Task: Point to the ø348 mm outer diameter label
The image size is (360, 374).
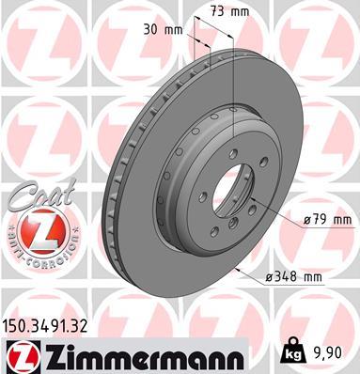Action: pos(295,276)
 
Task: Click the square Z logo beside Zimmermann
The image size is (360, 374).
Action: pos(21,356)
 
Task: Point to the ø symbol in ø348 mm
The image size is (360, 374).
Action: pos(268,276)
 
